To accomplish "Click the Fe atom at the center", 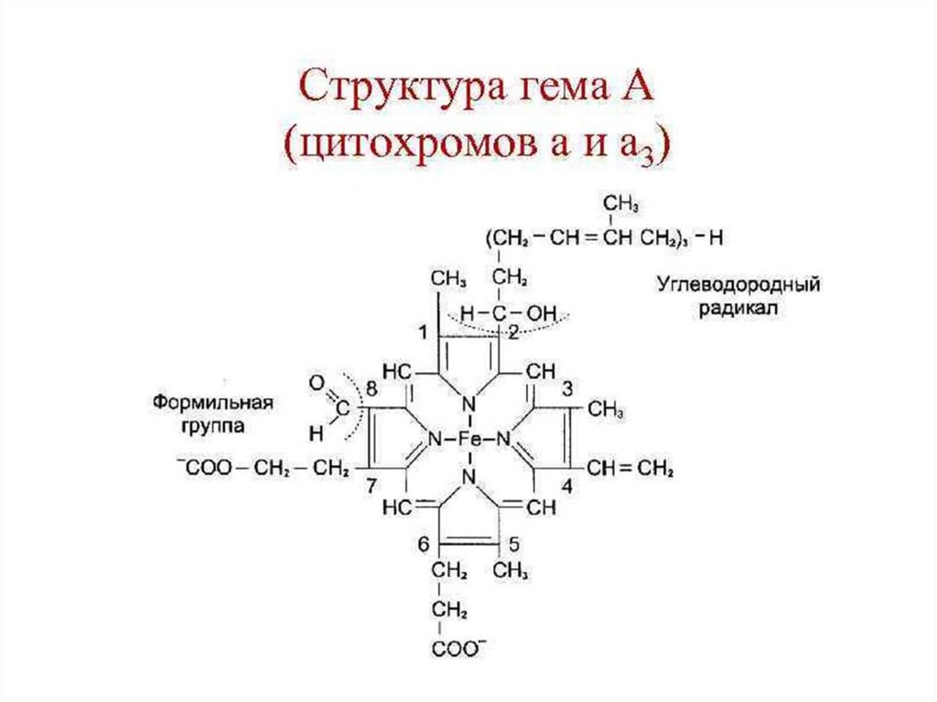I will [469, 439].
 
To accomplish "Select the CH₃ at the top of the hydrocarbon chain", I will [620, 201].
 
